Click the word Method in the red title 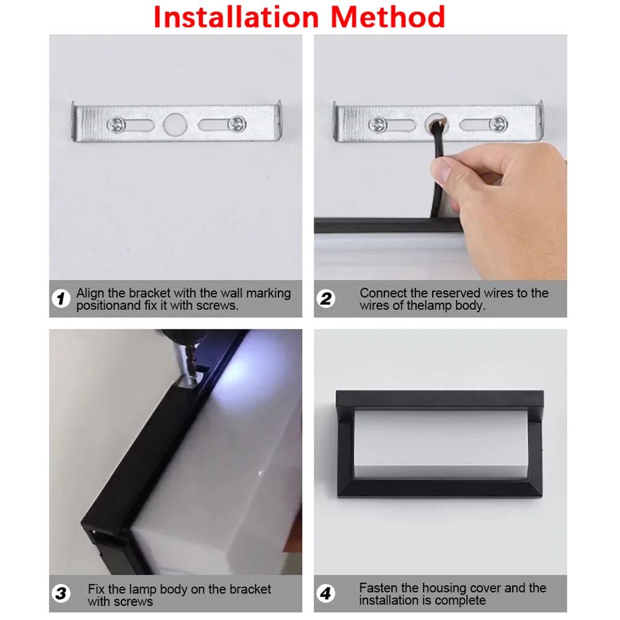[387, 17]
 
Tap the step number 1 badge [60, 299]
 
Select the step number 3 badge [60, 593]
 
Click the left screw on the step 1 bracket [116, 124]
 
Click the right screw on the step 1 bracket [236, 124]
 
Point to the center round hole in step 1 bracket [175, 124]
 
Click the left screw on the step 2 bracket [378, 125]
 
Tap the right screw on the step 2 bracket [498, 125]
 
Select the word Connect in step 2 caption [384, 293]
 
